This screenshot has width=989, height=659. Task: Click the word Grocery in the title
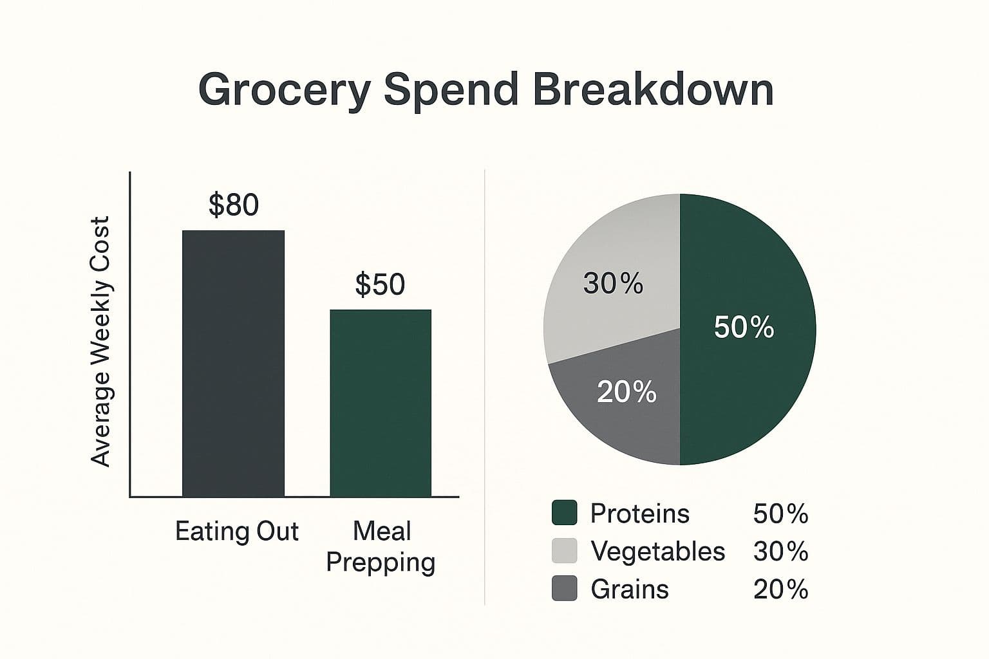pos(284,90)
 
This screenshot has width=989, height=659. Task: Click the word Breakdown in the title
pos(653,90)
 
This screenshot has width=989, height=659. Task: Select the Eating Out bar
pos(233,364)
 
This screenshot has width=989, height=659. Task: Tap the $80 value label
pos(234,205)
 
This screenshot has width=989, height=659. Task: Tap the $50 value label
pos(380,284)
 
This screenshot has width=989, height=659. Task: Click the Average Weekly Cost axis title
pos(101,341)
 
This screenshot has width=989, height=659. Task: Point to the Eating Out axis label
pos(237,532)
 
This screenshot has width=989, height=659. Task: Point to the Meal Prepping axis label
pos(381,546)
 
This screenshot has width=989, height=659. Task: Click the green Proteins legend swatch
pos(565,514)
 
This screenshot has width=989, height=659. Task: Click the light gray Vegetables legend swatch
pos(565,551)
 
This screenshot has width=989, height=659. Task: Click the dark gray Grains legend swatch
pos(565,589)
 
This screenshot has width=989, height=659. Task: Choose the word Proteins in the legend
pos(639,514)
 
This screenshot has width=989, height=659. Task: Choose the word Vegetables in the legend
pos(657,552)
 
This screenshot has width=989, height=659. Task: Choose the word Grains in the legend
pos(630,589)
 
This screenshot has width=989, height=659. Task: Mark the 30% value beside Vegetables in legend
pos(780,552)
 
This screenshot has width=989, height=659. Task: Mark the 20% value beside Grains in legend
pos(780,589)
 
